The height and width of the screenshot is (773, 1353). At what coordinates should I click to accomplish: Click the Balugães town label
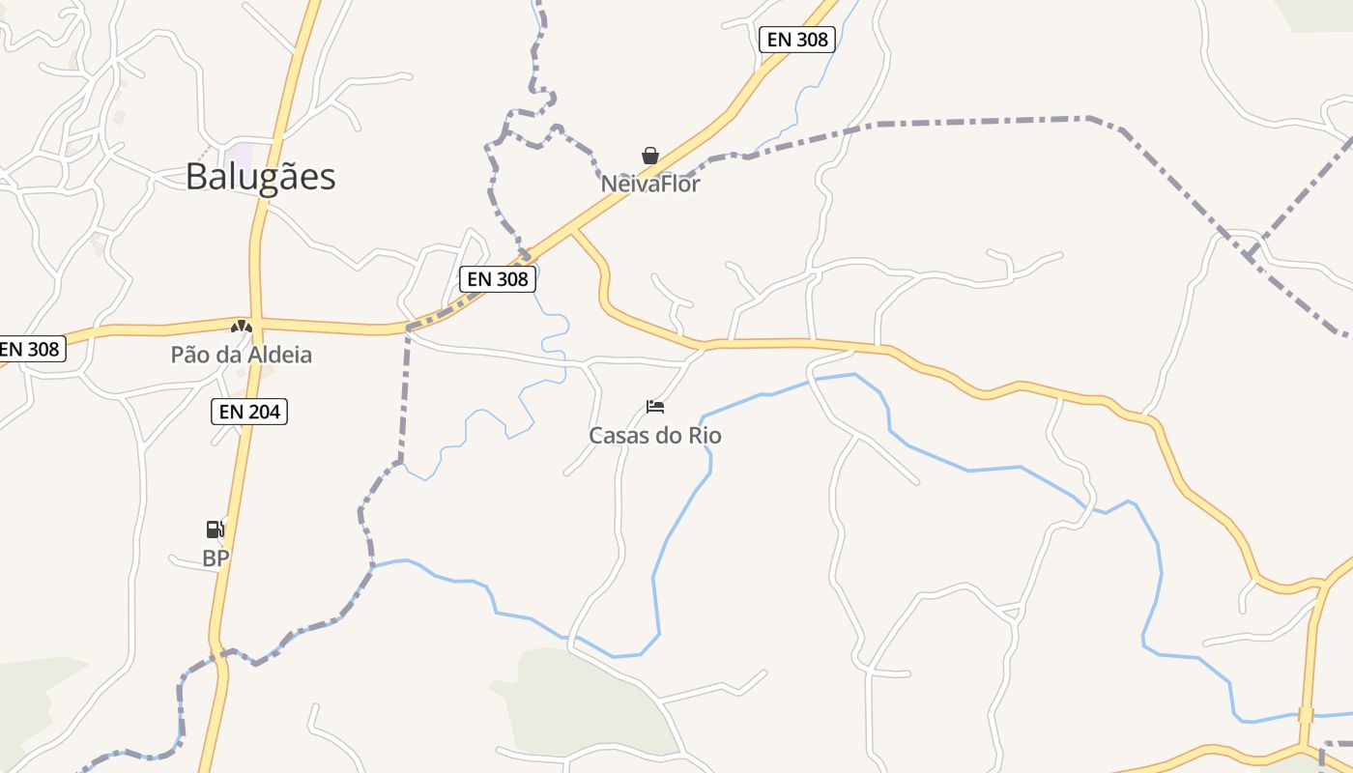[261, 177]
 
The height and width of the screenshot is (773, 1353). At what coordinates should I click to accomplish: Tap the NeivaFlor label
[650, 184]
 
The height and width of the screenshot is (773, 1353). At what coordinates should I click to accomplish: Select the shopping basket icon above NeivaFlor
[650, 156]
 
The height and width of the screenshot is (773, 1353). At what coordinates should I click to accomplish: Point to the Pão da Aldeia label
[242, 355]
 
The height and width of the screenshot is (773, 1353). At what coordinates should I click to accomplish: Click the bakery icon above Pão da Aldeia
[242, 327]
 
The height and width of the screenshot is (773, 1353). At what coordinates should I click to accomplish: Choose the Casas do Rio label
[655, 436]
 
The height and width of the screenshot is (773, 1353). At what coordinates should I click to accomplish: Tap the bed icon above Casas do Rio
[655, 407]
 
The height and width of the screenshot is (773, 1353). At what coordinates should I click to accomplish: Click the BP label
[216, 558]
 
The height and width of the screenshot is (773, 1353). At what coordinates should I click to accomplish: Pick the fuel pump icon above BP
[216, 529]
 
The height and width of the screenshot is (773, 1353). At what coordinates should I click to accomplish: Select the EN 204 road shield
[249, 412]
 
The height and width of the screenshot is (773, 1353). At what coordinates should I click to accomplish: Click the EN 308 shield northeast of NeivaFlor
[797, 40]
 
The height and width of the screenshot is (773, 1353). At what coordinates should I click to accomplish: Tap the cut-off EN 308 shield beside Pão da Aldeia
[31, 349]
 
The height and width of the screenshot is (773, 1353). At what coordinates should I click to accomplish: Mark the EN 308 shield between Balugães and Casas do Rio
[498, 279]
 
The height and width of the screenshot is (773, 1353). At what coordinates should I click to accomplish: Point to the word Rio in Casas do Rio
[704, 436]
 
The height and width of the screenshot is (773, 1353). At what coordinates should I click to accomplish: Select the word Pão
[188, 355]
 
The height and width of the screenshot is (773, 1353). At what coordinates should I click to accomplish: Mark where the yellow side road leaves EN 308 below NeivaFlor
[574, 231]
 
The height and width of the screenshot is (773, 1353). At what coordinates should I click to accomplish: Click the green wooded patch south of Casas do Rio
[580, 701]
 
